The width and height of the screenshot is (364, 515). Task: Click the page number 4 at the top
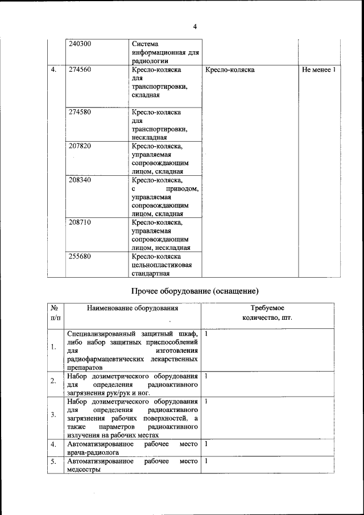(x=195, y=27)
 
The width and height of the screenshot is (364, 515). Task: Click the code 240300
(x=80, y=44)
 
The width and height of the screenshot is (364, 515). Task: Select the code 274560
(x=80, y=70)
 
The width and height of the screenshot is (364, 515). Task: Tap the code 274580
(x=80, y=112)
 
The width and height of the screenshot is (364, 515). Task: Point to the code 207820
(x=80, y=146)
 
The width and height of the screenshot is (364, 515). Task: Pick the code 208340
(x=80, y=180)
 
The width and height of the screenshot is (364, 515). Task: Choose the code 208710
(x=80, y=222)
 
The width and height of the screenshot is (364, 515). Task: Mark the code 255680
(x=80, y=256)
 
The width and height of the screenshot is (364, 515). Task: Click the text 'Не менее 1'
(x=320, y=70)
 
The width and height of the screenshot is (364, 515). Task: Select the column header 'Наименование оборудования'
(x=133, y=308)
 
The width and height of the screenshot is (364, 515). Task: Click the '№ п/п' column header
(x=55, y=313)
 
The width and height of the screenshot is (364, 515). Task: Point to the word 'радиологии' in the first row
(x=150, y=61)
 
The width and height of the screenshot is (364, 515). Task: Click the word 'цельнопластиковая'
(x=162, y=265)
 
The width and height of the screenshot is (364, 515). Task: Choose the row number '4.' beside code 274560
(x=53, y=70)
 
